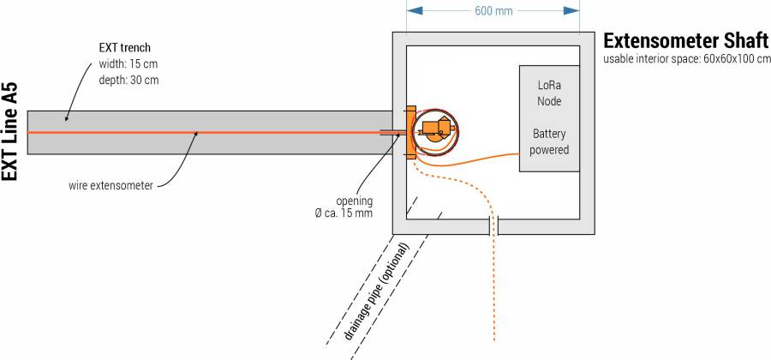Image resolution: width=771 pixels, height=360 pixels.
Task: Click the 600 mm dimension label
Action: [493, 11]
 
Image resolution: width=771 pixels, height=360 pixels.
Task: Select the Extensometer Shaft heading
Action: [685, 40]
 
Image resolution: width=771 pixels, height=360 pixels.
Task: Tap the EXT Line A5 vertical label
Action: [10, 132]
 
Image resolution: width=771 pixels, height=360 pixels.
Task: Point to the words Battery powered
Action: [549, 141]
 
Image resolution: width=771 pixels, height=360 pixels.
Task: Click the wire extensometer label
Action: [111, 184]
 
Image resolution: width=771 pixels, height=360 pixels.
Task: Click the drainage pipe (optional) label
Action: [378, 291]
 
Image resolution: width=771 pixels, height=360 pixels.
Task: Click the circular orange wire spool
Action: [435, 131]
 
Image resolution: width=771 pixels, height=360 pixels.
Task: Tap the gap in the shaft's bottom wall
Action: [493, 226]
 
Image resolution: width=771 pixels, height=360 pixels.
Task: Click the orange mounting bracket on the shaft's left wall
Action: [410, 133]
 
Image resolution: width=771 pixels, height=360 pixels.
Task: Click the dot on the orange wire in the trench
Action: [196, 132]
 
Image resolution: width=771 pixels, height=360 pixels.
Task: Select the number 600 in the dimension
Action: [484, 11]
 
